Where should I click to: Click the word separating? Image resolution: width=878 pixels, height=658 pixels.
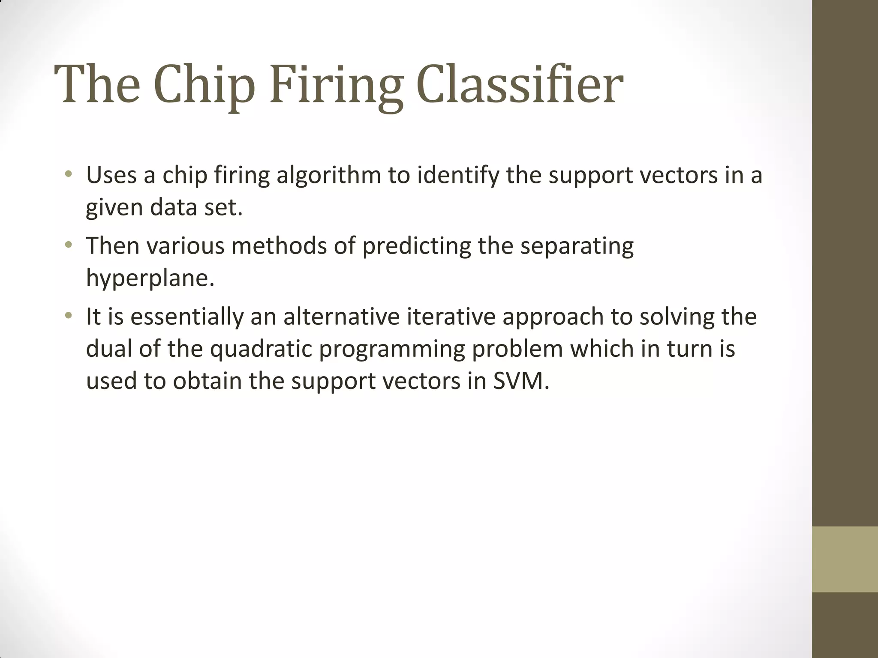coord(577,246)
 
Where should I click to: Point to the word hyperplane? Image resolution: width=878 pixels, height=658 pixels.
coord(150,278)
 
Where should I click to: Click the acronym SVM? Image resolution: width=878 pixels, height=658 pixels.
coord(520,381)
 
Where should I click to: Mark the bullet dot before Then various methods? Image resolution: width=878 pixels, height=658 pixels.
coord(68,245)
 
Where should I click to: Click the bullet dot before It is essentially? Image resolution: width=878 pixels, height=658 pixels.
coord(68,316)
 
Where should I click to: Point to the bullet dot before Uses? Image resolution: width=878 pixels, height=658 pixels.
coord(68,174)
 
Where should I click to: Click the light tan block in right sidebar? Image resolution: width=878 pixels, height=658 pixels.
coord(845,559)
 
